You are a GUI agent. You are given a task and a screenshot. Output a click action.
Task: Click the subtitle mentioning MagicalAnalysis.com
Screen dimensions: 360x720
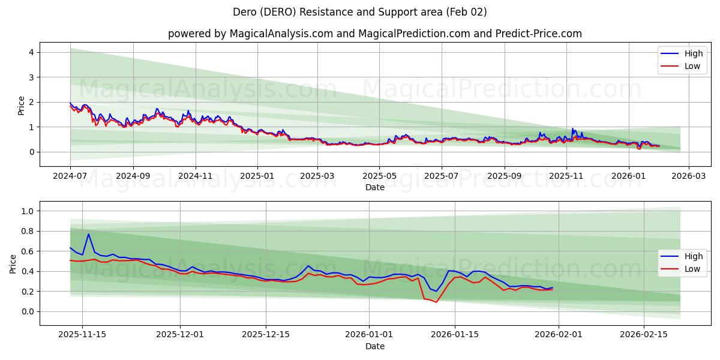375,34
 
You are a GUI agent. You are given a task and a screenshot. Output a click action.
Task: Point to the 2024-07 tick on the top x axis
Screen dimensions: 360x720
70,176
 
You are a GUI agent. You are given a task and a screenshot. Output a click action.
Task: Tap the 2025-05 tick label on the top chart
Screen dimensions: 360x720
379,176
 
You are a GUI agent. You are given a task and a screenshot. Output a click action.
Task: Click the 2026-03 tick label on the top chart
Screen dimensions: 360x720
688,176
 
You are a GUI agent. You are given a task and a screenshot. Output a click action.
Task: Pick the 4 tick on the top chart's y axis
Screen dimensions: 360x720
30,53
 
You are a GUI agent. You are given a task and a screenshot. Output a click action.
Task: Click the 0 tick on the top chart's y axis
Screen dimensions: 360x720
30,152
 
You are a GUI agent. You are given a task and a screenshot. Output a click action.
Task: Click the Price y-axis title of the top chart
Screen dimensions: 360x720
22,105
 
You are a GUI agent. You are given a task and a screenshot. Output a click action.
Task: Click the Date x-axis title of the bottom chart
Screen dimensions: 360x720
375,346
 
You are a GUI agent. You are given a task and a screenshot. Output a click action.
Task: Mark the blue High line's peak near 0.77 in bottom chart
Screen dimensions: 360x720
88,234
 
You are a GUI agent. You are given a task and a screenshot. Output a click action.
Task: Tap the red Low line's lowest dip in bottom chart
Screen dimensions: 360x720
436,302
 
